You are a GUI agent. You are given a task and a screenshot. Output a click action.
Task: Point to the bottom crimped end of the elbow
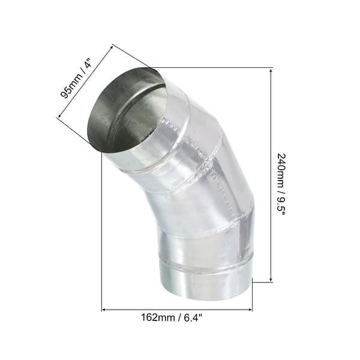point(206,282)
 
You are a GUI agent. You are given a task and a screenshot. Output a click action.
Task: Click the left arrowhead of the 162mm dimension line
point(104,310)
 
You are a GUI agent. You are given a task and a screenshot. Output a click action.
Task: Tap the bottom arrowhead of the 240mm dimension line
point(272,279)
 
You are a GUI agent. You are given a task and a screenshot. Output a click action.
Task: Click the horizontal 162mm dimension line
point(177,310)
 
